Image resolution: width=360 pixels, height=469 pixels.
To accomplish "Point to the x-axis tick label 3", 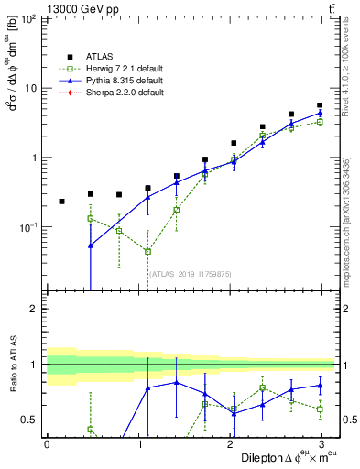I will click(x=320, y=444).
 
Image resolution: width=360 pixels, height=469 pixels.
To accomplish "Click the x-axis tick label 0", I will click(x=47, y=444).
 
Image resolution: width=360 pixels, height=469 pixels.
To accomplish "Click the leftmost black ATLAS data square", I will click(x=61, y=201).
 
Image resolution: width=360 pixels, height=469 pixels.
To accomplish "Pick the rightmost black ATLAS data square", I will click(x=320, y=105).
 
